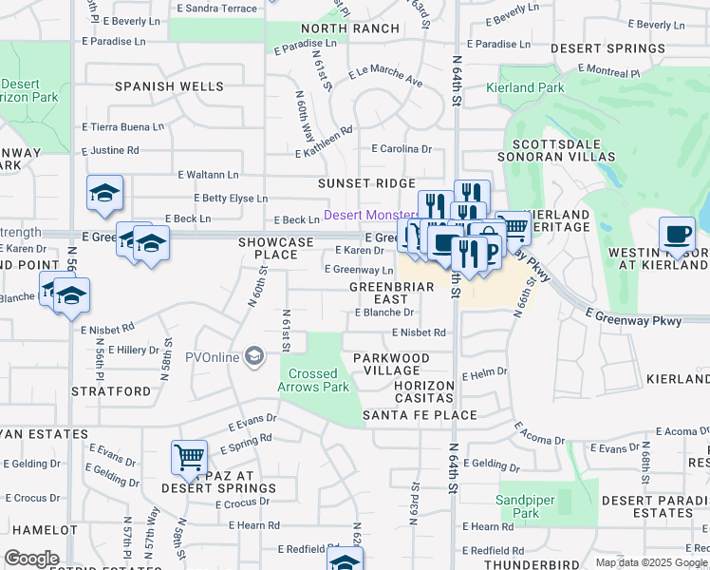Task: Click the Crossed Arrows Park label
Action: click(x=313, y=380)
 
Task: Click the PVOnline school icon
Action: click(x=253, y=357)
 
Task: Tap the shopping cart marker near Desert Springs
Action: click(x=189, y=457)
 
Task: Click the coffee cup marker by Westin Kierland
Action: click(x=678, y=234)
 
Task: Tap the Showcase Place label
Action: click(x=275, y=248)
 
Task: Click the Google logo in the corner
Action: click(x=31, y=559)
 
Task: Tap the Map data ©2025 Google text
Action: click(x=651, y=562)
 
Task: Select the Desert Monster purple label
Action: click(x=370, y=216)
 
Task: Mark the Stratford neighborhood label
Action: click(x=111, y=390)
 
